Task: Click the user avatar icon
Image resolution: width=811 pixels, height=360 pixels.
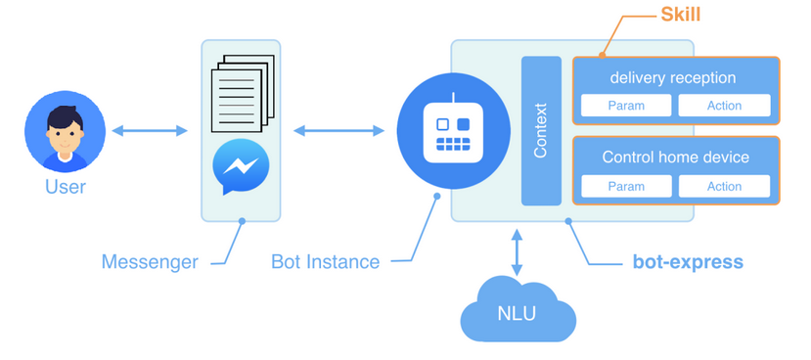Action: pos(65,131)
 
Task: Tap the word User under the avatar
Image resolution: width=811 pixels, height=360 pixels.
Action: pos(66,187)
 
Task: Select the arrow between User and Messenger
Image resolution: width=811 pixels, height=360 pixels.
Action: pos(150,130)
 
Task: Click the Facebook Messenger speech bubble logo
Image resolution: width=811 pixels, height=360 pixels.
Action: pos(241,166)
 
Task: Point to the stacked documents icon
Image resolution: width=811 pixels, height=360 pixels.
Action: pos(240,93)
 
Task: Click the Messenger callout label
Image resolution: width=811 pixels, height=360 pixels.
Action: pos(150,262)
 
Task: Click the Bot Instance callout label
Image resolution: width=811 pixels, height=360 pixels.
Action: pos(325,262)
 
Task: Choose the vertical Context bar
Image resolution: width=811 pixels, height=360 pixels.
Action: pos(541,131)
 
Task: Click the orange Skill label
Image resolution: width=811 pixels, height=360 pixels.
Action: pos(681,17)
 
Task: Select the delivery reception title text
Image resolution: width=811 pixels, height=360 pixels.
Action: pos(672,77)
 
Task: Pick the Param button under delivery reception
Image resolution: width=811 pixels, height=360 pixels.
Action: pos(626,106)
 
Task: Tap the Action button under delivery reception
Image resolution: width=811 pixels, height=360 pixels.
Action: pos(724,106)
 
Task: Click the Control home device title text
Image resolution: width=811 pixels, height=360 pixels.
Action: pos(675,157)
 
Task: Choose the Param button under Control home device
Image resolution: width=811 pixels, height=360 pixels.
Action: pos(626,186)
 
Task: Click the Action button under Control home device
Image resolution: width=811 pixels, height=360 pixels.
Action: pos(724,186)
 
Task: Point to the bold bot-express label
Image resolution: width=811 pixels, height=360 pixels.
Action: pos(687,262)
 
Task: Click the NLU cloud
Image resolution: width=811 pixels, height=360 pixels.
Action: pos(518,311)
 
